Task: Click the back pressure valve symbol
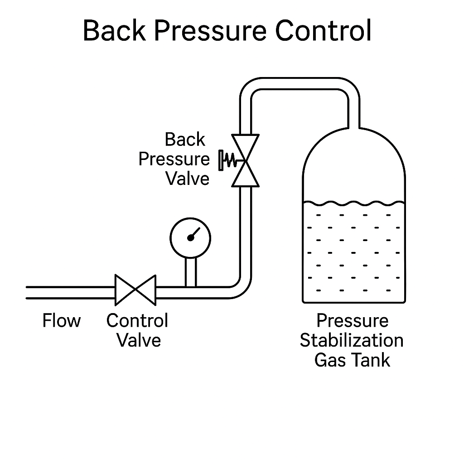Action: (x=245, y=161)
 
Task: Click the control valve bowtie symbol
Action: (x=135, y=290)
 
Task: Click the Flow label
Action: (x=61, y=321)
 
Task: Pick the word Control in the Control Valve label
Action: (x=137, y=321)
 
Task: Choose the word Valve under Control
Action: (x=139, y=340)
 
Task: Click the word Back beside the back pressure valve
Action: (x=185, y=140)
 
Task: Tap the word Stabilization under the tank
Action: (x=352, y=340)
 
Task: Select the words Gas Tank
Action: (x=352, y=360)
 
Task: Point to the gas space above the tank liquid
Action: (x=353, y=172)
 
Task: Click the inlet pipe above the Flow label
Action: (x=68, y=292)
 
